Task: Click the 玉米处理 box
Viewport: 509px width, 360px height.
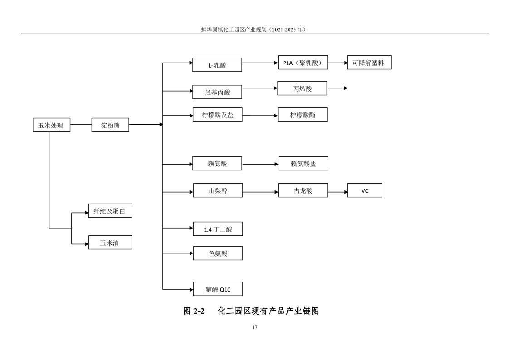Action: coord(51,125)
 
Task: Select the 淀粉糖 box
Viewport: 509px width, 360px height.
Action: coord(110,125)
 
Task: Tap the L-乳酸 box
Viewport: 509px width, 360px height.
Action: coord(217,65)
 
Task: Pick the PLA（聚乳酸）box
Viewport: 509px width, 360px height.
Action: coord(303,62)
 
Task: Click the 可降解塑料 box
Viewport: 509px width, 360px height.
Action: coord(369,62)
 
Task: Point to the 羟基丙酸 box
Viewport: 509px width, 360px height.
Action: coord(217,92)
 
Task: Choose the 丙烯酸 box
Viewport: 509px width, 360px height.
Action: coord(302,88)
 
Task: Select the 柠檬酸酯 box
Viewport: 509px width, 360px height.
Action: coord(302,115)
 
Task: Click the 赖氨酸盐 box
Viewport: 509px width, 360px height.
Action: coord(303,164)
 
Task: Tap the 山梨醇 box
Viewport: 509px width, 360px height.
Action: coord(218,190)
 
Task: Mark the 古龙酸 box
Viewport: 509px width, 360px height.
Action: coord(303,190)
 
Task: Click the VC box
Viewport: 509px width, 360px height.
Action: coord(365,190)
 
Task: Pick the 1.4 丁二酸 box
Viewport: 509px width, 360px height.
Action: coord(218,229)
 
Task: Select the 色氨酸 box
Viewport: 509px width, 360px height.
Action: coord(218,253)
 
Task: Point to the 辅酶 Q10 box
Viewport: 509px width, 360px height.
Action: coord(218,289)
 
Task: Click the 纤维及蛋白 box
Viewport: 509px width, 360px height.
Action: coord(110,211)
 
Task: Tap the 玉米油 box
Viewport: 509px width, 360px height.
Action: coord(110,242)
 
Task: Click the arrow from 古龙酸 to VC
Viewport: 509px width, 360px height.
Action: coord(338,192)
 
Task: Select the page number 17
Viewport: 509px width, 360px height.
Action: coord(255,327)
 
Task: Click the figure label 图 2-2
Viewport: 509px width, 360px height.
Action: coord(194,311)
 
